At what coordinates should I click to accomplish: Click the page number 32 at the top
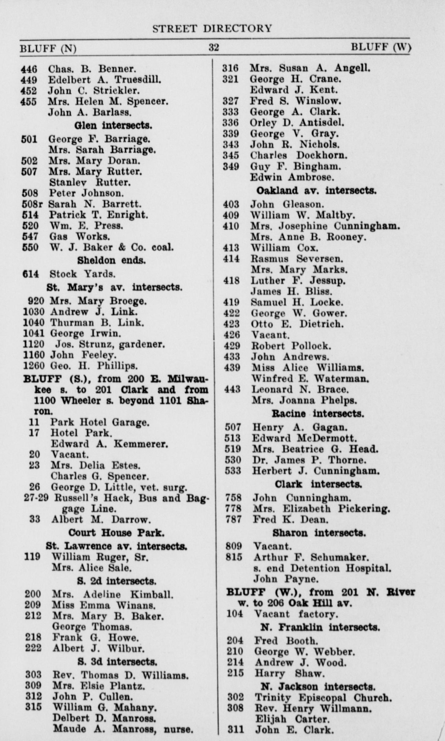pos(213,48)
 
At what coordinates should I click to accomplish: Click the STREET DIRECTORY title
pos(212,29)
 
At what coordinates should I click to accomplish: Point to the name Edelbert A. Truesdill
pos(104,80)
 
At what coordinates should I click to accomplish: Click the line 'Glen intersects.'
pos(113,125)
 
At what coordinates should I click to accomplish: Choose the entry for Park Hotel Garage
pos(100,422)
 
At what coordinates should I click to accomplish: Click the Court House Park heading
pos(116,533)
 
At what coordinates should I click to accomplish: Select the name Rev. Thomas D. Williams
pos(120,675)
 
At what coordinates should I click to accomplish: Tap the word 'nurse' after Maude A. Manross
pos(178,729)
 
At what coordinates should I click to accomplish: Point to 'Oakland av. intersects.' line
pos(316,191)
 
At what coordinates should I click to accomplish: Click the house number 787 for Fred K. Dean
pos(233,519)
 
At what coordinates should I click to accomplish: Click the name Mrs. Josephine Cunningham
pos(325,226)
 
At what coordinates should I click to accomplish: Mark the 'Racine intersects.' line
pos(318,414)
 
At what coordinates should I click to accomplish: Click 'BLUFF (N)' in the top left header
pos(48,49)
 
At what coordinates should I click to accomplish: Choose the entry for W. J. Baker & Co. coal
pos(112,247)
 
